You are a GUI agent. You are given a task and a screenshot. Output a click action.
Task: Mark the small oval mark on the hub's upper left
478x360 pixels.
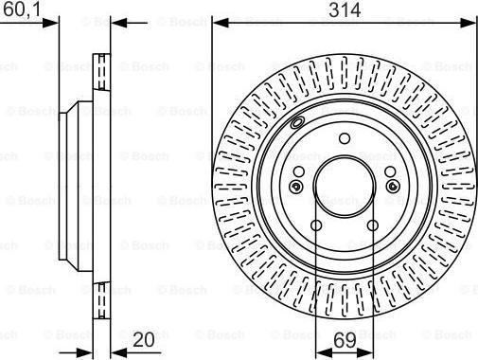coord(297,124)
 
